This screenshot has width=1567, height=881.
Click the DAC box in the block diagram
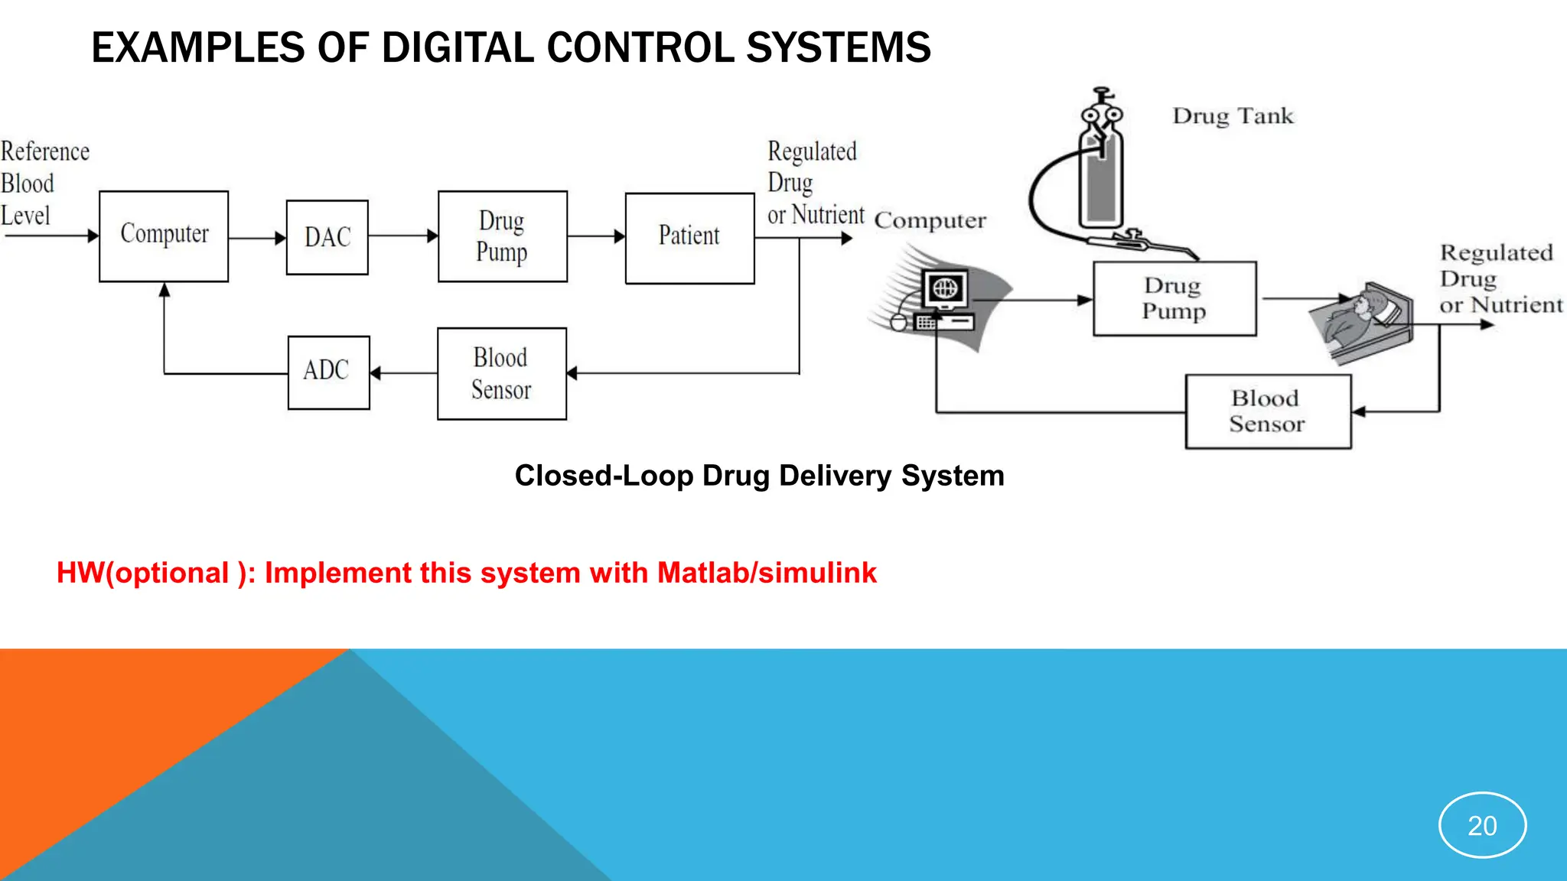click(327, 237)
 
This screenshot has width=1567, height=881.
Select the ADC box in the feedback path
click(328, 372)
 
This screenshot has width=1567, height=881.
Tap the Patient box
click(689, 237)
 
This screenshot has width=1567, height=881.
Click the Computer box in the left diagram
click(164, 236)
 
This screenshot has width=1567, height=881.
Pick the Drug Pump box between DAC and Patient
click(502, 236)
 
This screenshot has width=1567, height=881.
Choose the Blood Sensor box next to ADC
click(501, 373)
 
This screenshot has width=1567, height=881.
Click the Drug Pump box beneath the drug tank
click(1174, 298)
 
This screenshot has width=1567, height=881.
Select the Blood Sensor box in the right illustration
click(1268, 411)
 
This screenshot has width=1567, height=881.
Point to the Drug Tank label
click(1233, 116)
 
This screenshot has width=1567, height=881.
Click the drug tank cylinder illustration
click(1101, 180)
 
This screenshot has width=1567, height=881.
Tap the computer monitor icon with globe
click(945, 289)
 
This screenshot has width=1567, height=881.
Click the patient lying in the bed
click(1362, 321)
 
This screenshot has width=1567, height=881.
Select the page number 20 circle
click(1482, 825)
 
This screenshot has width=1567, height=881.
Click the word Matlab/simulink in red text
click(767, 573)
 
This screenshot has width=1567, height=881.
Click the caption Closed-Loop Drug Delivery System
click(759, 476)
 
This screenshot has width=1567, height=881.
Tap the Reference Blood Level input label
click(44, 184)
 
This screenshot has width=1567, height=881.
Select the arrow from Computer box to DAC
click(257, 238)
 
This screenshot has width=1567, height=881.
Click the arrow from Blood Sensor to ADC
click(403, 373)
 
